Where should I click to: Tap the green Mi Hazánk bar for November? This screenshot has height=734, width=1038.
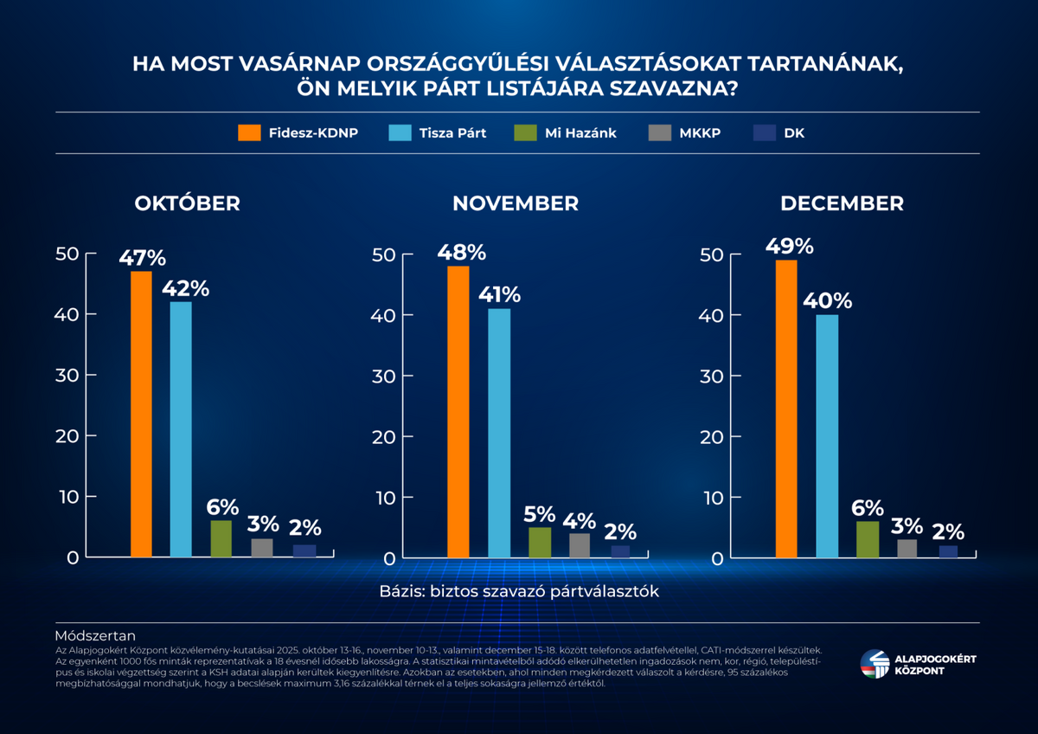[540, 542]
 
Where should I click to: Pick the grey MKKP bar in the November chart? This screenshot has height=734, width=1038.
[580, 545]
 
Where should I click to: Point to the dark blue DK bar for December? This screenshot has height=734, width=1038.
[948, 551]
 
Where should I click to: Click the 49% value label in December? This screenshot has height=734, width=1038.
[789, 247]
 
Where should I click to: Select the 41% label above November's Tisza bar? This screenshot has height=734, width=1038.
[499, 294]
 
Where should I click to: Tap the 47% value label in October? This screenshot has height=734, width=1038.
[142, 257]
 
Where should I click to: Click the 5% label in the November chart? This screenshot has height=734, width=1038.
[540, 513]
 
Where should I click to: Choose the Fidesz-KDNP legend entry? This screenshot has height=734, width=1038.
[298, 133]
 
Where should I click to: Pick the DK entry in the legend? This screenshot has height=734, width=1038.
[781, 133]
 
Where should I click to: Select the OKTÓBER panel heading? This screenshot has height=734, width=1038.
[187, 203]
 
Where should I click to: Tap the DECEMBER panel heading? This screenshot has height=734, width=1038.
[842, 203]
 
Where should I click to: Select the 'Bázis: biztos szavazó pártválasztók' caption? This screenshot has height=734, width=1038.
[519, 591]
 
